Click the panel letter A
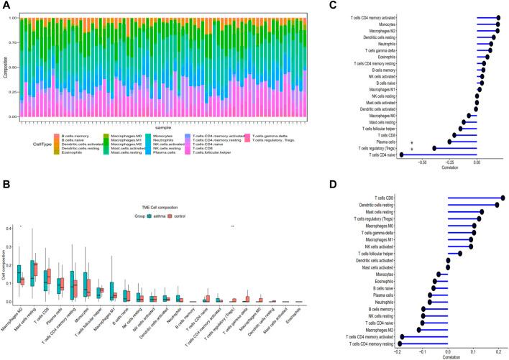(6, 6)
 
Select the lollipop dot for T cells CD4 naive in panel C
(401, 154)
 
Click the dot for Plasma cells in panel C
(449, 142)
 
